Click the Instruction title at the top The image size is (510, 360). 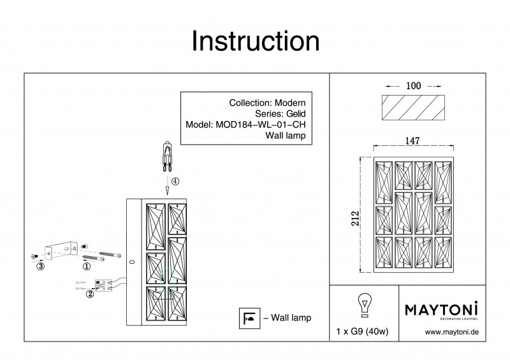(256, 42)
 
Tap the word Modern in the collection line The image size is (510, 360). (289, 103)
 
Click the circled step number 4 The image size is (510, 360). (175, 182)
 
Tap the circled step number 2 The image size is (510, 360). (90, 294)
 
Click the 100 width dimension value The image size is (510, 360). (414, 85)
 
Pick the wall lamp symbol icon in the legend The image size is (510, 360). (249, 317)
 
